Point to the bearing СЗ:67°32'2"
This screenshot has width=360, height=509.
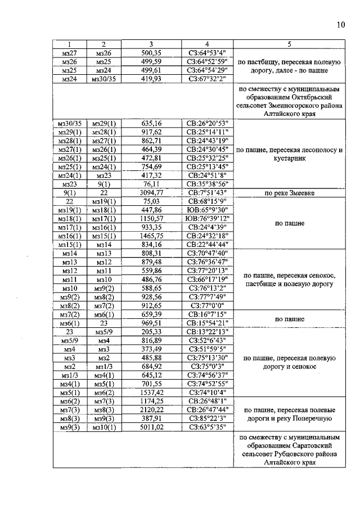[x=207, y=79]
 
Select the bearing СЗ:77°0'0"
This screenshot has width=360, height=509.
[x=207, y=305]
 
